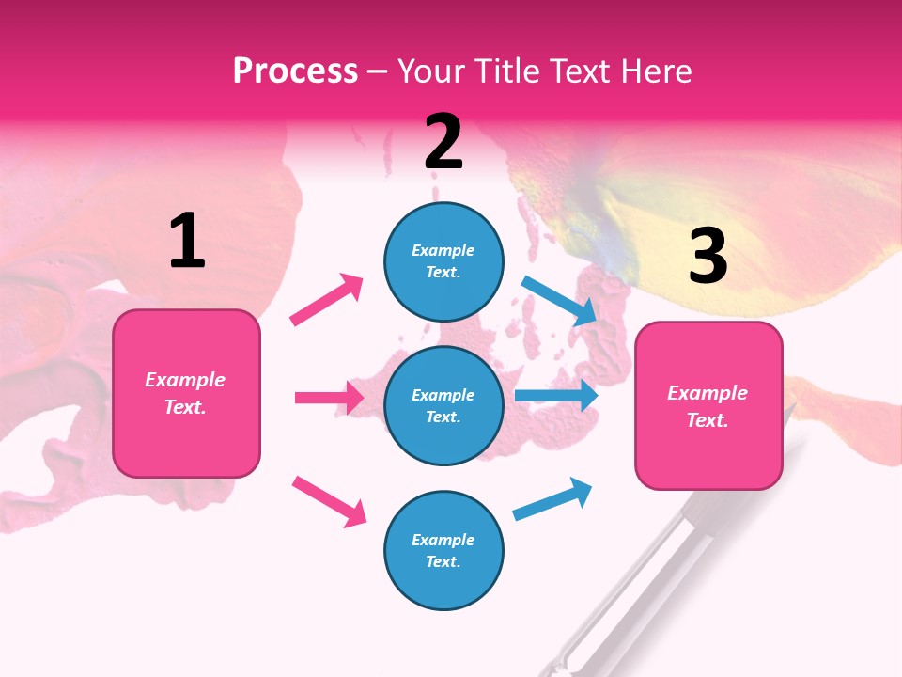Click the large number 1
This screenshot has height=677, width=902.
pos(187,241)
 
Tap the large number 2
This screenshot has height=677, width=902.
pos(443,142)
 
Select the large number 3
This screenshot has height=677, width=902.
pos(708,256)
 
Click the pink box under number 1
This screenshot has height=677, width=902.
pos(186,393)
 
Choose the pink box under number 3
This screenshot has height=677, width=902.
pos(708,406)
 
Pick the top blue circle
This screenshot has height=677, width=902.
pos(443,261)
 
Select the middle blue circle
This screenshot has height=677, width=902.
pos(443,405)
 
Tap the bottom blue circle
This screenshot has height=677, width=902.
pos(443,550)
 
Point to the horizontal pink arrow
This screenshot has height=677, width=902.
pos(329,398)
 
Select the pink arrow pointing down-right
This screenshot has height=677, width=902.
pos(329,501)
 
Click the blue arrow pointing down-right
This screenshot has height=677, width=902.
pos(560,300)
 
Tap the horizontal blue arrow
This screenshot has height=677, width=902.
pos(556,396)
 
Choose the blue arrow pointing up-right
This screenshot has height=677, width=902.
pos(552,499)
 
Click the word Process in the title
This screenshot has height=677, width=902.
pos(295,71)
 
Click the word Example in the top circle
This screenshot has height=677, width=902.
pos(443,250)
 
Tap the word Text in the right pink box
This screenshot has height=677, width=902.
pos(707,420)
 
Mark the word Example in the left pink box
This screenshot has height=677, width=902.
pos(185,380)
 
